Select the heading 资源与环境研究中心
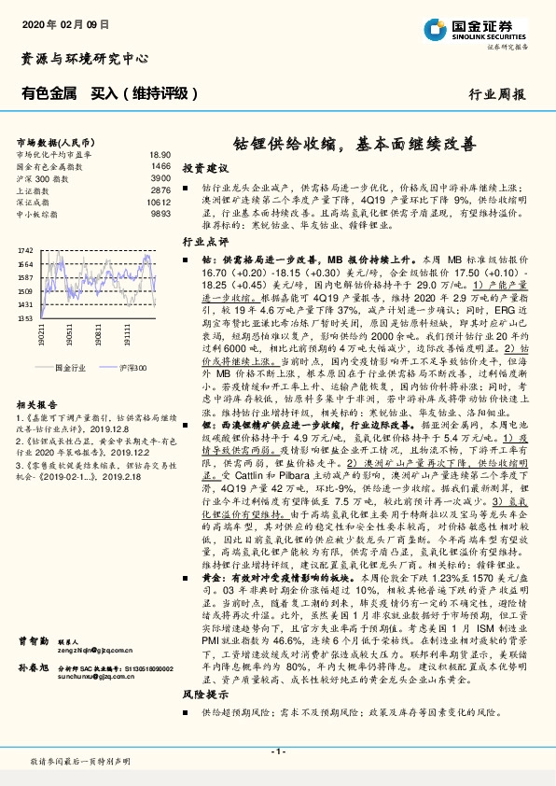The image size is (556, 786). point(85,58)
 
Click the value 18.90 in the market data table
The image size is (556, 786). point(160,154)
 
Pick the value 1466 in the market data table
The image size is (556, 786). point(160,165)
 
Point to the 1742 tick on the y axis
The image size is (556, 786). point(25,251)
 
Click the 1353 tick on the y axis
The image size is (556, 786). point(25,318)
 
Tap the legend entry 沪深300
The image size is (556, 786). point(131,369)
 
